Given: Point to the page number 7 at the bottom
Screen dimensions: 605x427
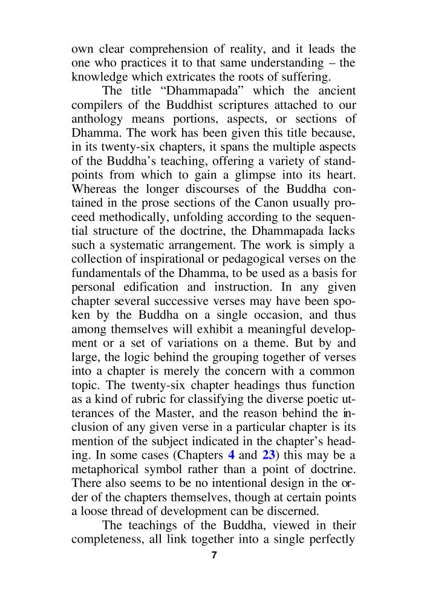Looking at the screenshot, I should (x=213, y=556).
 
